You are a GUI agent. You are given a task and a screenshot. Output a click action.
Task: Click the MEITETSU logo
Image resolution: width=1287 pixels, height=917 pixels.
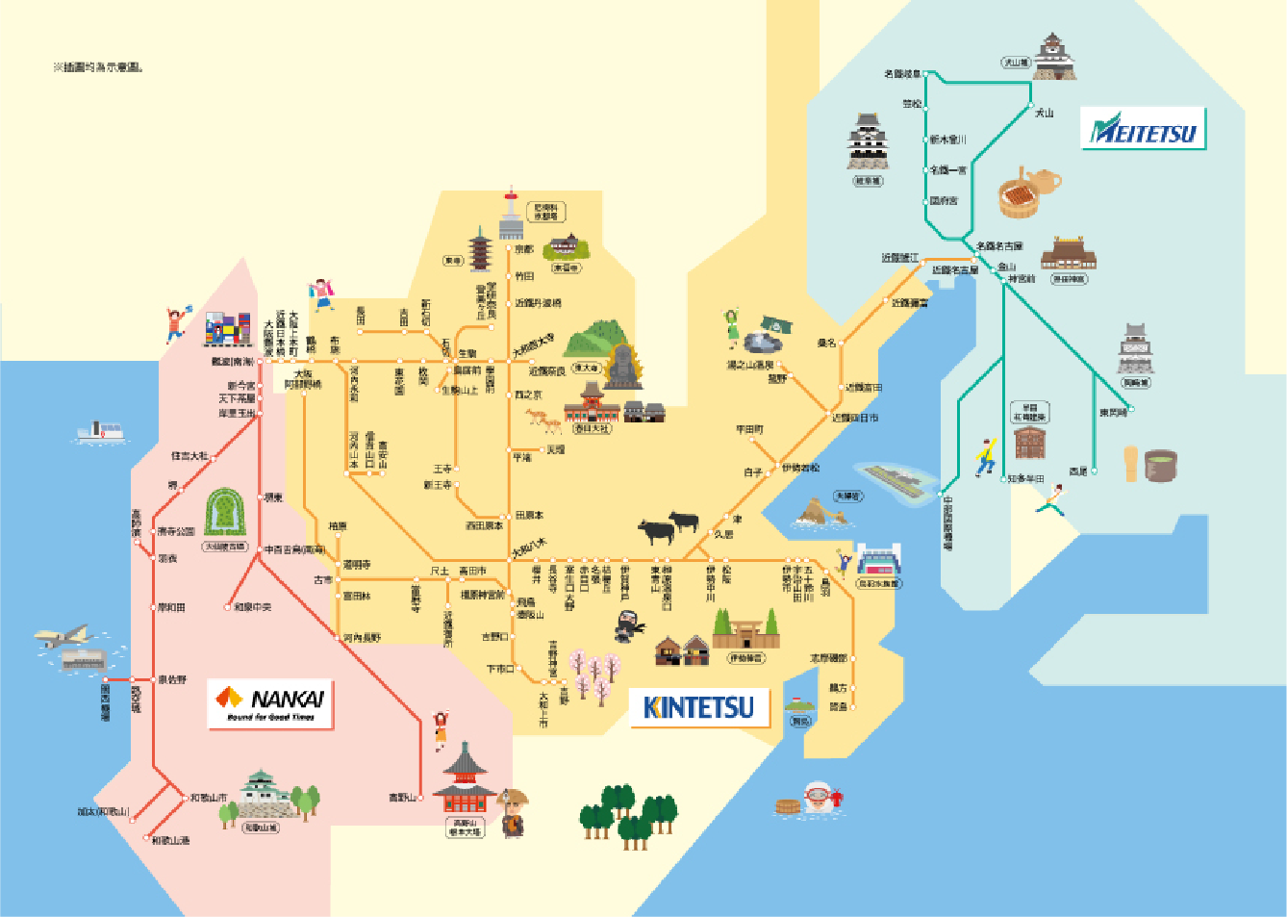coord(1143,129)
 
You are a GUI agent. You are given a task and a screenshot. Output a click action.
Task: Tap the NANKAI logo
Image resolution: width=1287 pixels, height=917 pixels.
coord(270,703)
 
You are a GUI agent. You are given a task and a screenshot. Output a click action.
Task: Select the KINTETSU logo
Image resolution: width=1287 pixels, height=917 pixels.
coord(698,707)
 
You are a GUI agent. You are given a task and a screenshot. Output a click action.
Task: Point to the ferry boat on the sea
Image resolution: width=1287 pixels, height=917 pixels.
coord(101,432)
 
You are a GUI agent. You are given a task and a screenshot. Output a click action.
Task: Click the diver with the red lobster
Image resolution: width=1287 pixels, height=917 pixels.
coord(820,798)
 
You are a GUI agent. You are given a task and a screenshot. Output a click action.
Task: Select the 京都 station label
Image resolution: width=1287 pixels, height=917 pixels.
coord(523,249)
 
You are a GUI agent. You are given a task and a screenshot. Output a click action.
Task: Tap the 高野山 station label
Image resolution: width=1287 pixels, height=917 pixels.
coord(402,798)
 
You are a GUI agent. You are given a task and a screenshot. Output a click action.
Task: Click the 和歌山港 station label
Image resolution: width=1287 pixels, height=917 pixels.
coord(171,840)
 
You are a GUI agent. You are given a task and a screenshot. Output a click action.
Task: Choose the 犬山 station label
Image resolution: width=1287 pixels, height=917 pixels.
coord(1044,113)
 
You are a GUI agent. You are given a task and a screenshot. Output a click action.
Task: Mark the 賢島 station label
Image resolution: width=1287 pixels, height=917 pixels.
coord(839,707)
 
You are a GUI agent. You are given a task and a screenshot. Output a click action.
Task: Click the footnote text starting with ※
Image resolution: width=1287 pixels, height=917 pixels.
coord(97,67)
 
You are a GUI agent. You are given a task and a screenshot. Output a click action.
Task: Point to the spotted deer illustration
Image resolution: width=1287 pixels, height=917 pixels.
coord(542,420)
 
